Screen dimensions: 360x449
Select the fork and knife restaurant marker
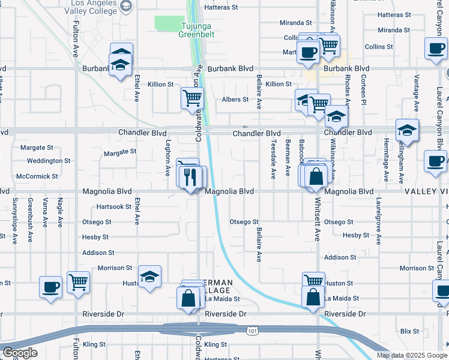point(191,177)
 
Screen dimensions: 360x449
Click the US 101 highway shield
point(252,329)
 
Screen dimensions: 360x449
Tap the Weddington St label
point(49,161)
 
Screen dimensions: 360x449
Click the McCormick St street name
point(37,176)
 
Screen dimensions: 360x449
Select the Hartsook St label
point(114,206)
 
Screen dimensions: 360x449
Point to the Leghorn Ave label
point(168,158)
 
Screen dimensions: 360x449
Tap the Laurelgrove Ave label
point(379,221)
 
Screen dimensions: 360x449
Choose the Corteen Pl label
point(364,92)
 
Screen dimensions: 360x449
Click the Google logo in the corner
point(20,353)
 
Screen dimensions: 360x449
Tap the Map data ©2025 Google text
point(412,355)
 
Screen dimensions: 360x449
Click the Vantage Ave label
point(415,94)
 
